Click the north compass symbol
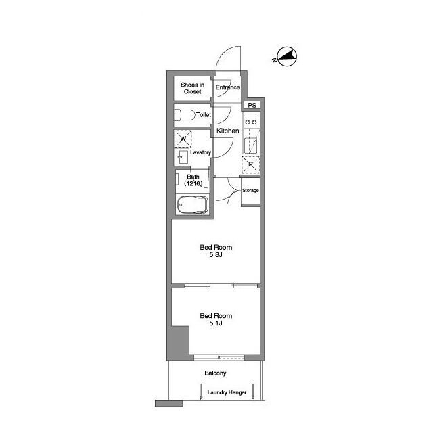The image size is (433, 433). (x=286, y=57)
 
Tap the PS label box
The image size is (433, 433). (x=252, y=106)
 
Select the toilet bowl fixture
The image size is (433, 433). (x=184, y=115)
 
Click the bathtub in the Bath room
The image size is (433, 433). (x=192, y=204)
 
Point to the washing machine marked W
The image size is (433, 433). (x=183, y=139)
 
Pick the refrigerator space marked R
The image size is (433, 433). (x=250, y=165)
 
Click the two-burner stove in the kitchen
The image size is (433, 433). (x=251, y=122)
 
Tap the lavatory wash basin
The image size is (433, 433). (x=183, y=157)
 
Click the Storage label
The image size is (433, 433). (x=250, y=191)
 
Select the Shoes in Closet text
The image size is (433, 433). (x=192, y=88)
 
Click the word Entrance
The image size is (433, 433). (x=227, y=87)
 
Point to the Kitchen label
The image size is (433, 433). (x=227, y=131)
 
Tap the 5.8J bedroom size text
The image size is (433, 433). (x=216, y=255)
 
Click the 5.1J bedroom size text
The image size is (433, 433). (x=216, y=323)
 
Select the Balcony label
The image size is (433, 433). (x=215, y=373)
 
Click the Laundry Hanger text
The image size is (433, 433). (x=227, y=392)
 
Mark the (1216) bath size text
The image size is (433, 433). (x=193, y=183)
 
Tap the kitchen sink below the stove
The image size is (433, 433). (x=250, y=145)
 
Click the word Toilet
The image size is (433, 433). (x=204, y=114)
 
